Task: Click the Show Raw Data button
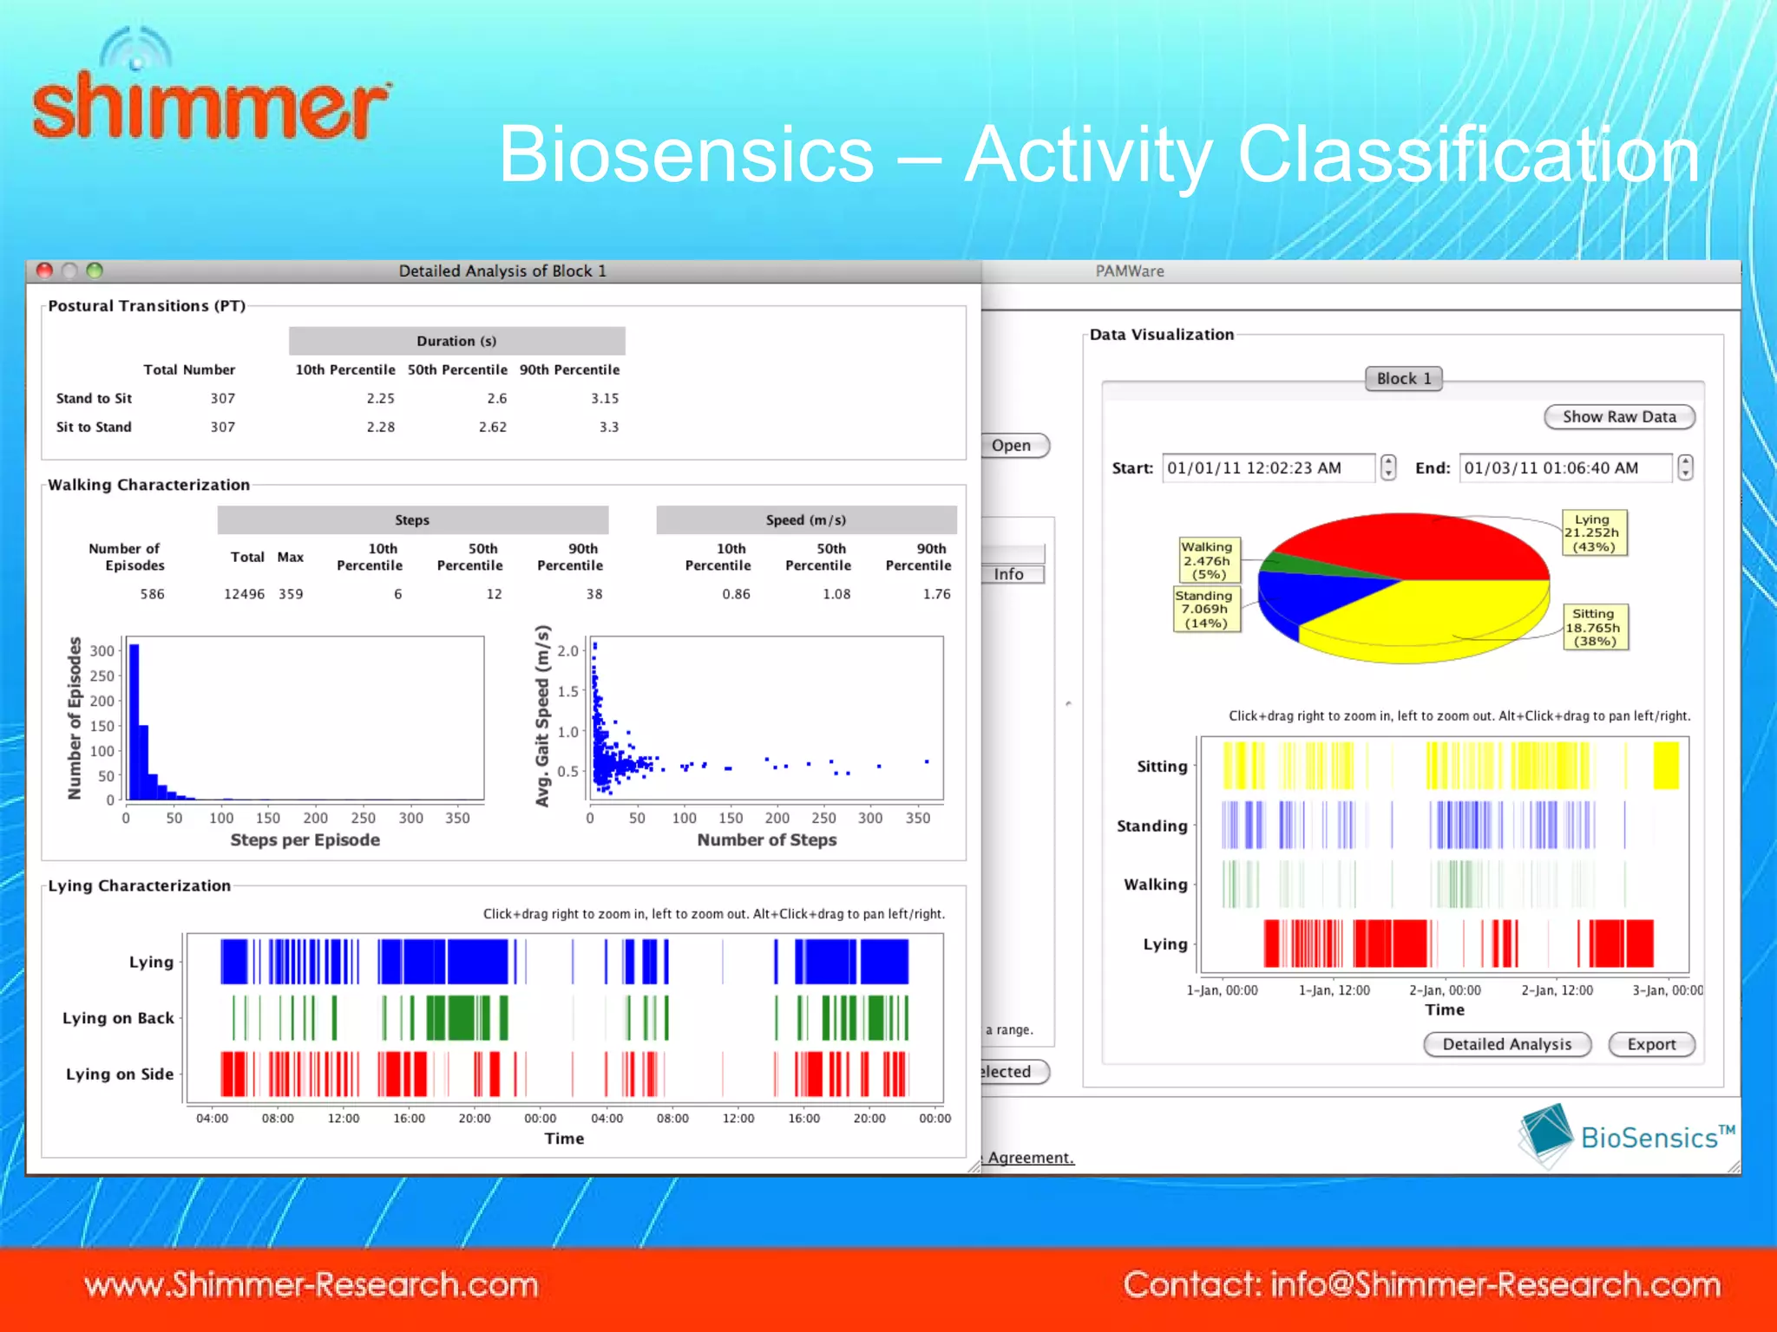coord(1618,417)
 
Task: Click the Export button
coord(1650,1044)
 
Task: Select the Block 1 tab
coord(1403,378)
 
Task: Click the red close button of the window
coord(45,271)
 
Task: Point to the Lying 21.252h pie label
coord(1593,532)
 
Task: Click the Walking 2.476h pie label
coord(1207,560)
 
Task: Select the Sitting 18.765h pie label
coord(1594,627)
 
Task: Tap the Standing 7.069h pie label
coord(1204,609)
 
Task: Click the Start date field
coord(1267,468)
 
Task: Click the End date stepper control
coord(1684,468)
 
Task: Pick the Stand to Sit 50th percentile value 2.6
coord(496,398)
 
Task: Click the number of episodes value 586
coord(152,594)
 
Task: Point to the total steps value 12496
coord(244,594)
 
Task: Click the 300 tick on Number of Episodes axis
coord(102,650)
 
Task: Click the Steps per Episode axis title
coord(305,839)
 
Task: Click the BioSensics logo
coord(1626,1135)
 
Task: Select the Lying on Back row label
coord(118,1018)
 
